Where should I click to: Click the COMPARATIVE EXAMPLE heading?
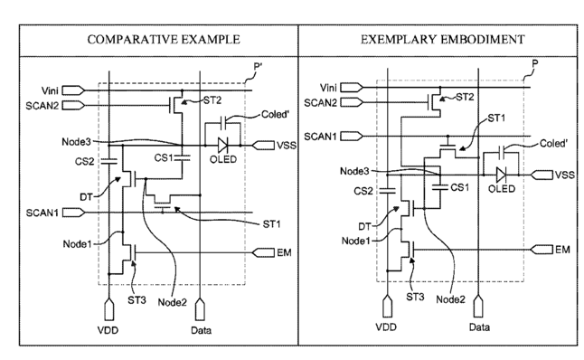point(164,40)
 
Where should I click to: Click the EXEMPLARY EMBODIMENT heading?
point(442,40)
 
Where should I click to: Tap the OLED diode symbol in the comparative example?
point(222,145)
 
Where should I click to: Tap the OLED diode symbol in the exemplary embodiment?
point(501,175)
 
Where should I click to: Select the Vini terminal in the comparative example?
point(74,90)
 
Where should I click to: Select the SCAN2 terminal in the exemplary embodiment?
point(352,102)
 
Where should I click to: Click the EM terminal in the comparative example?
point(263,252)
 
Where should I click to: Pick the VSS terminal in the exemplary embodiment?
point(542,175)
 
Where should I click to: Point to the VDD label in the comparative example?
point(108,330)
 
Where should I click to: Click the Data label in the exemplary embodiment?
point(479,327)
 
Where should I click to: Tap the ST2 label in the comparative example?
point(212,100)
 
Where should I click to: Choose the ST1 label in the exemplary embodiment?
point(497,118)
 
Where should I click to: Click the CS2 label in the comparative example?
point(85,161)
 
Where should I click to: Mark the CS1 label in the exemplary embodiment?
point(460,187)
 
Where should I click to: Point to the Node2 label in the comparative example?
point(172,302)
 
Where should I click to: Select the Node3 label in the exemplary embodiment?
point(354,171)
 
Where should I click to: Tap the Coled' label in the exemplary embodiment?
point(554,144)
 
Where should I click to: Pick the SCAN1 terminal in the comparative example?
point(74,213)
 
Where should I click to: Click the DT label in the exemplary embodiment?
point(365,226)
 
